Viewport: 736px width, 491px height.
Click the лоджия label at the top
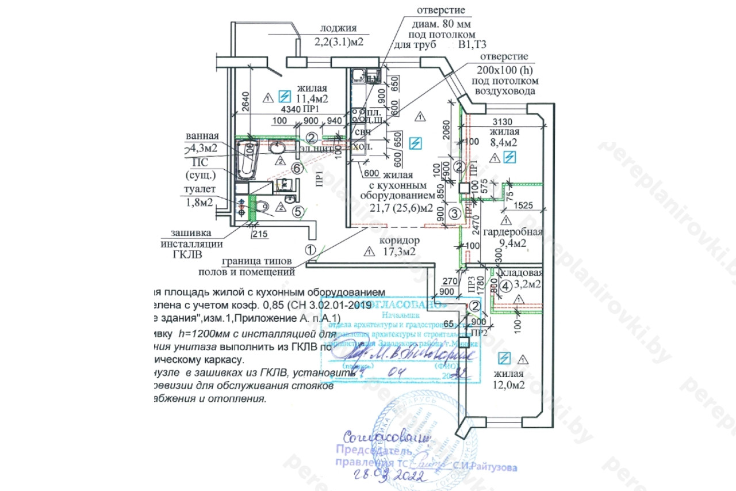tap(339, 28)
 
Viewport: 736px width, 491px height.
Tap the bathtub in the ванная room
tap(247, 159)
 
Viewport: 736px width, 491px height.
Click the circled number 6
tap(297, 168)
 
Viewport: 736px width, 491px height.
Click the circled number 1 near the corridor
tap(310, 250)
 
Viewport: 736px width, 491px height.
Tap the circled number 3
tap(454, 214)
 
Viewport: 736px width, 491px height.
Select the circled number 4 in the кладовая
tap(505, 284)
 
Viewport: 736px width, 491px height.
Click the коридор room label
tap(400, 240)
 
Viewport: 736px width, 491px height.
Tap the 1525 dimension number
tap(524, 204)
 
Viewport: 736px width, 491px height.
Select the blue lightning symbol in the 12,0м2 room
tap(504, 358)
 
